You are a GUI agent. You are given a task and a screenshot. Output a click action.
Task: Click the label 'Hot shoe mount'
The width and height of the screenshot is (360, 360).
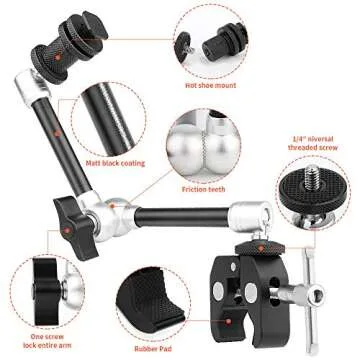(x=211, y=84)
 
